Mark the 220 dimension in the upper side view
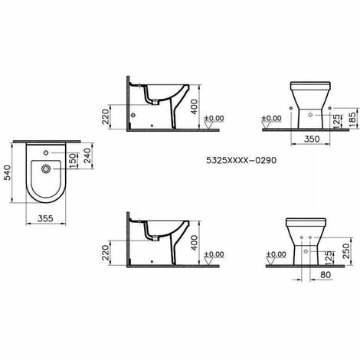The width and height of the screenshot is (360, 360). tap(106, 117)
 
